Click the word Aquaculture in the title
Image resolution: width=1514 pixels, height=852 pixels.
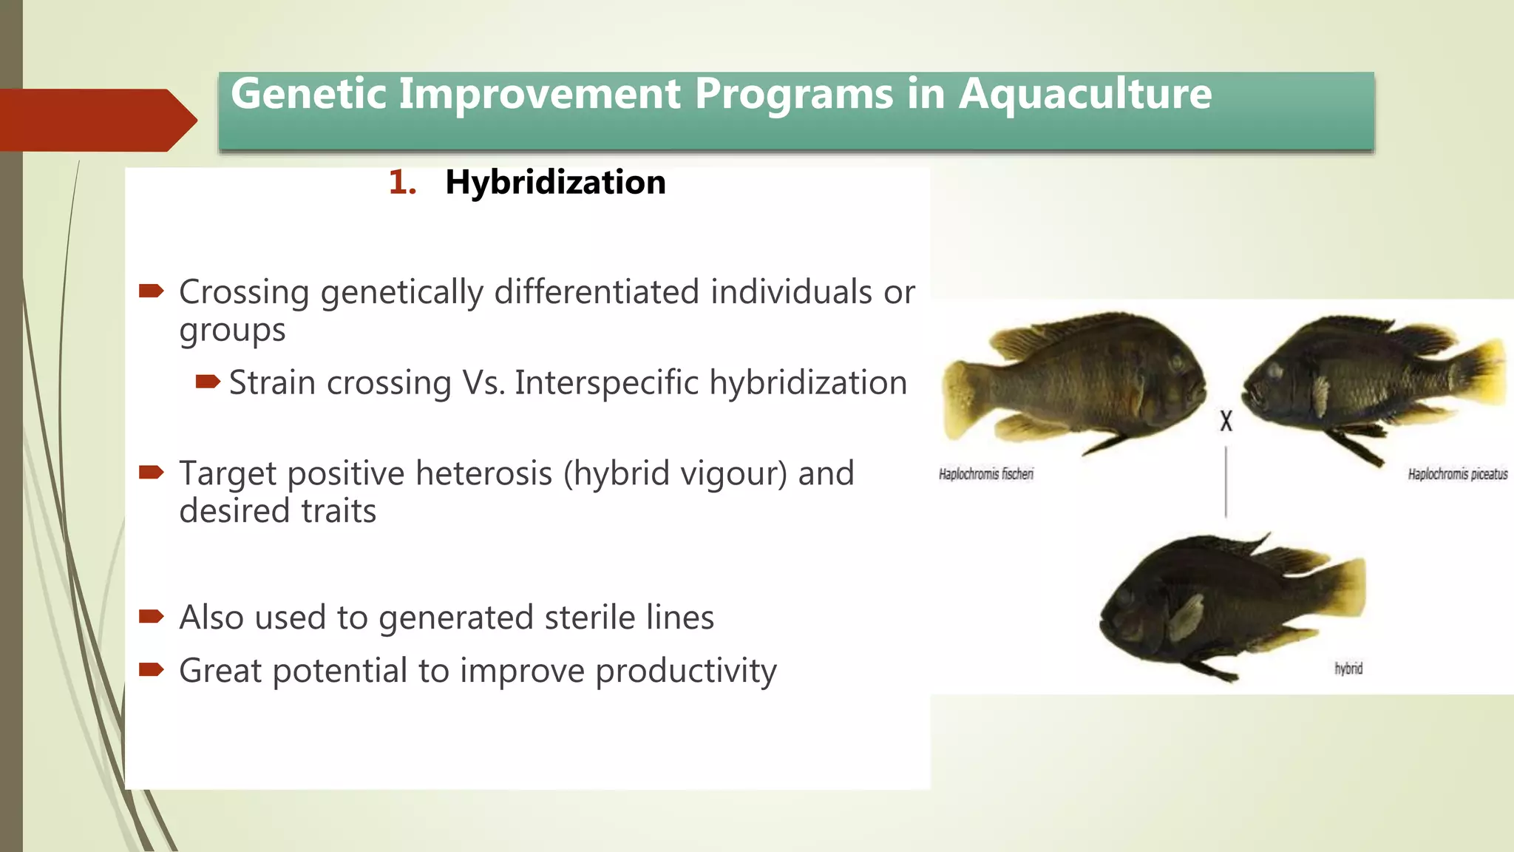1084,95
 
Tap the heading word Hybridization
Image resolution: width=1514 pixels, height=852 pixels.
555,182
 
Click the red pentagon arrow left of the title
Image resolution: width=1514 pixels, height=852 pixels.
96,120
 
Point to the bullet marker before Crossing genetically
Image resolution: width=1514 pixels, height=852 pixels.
151,291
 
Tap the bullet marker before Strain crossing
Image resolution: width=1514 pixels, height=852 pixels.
208,382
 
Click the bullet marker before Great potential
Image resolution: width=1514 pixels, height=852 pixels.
151,670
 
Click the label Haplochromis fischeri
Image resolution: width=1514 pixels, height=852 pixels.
985,474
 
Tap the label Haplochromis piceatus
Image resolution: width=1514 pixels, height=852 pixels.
1457,474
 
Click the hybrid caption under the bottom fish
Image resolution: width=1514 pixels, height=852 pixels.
1348,669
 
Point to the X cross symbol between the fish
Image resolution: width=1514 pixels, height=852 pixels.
1226,421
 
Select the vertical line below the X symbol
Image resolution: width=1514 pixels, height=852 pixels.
1226,481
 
